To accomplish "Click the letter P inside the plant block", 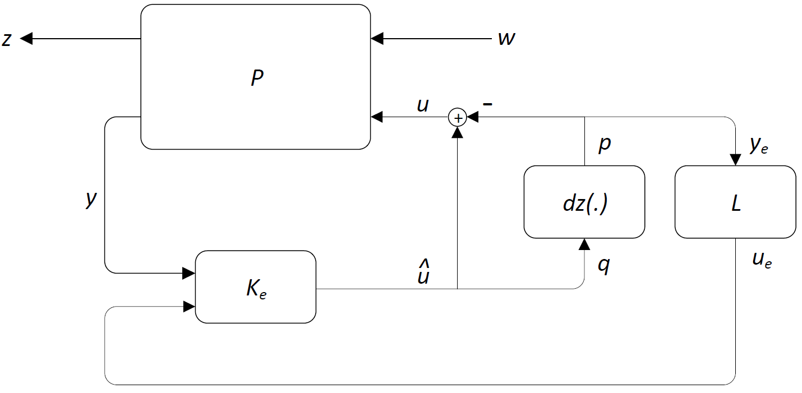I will [x=256, y=78].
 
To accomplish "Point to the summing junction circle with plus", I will [x=458, y=118].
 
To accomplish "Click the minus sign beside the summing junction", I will [x=488, y=104].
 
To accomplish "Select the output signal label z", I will [x=7, y=39].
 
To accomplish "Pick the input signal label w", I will [x=507, y=39].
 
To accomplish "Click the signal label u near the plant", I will [x=423, y=105].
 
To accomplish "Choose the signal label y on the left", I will [x=90, y=199].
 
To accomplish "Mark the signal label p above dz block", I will [x=604, y=144].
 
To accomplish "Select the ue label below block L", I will [x=762, y=260].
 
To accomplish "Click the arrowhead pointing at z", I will [x=27, y=39].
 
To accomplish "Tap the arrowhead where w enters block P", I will [x=377, y=39].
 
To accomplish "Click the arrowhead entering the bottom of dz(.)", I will [x=584, y=244].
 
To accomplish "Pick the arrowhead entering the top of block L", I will [x=735, y=160].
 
